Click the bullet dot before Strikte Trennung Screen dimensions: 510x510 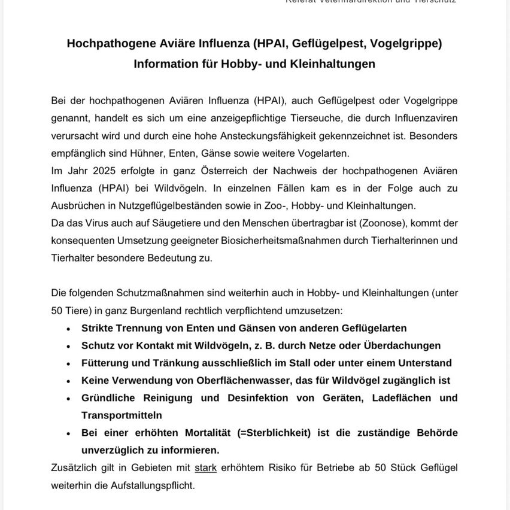[68, 329]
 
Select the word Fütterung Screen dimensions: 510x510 [106, 363]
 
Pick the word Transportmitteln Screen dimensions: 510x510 [122, 415]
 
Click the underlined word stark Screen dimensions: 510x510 [206, 467]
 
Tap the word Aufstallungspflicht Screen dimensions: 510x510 [152, 485]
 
